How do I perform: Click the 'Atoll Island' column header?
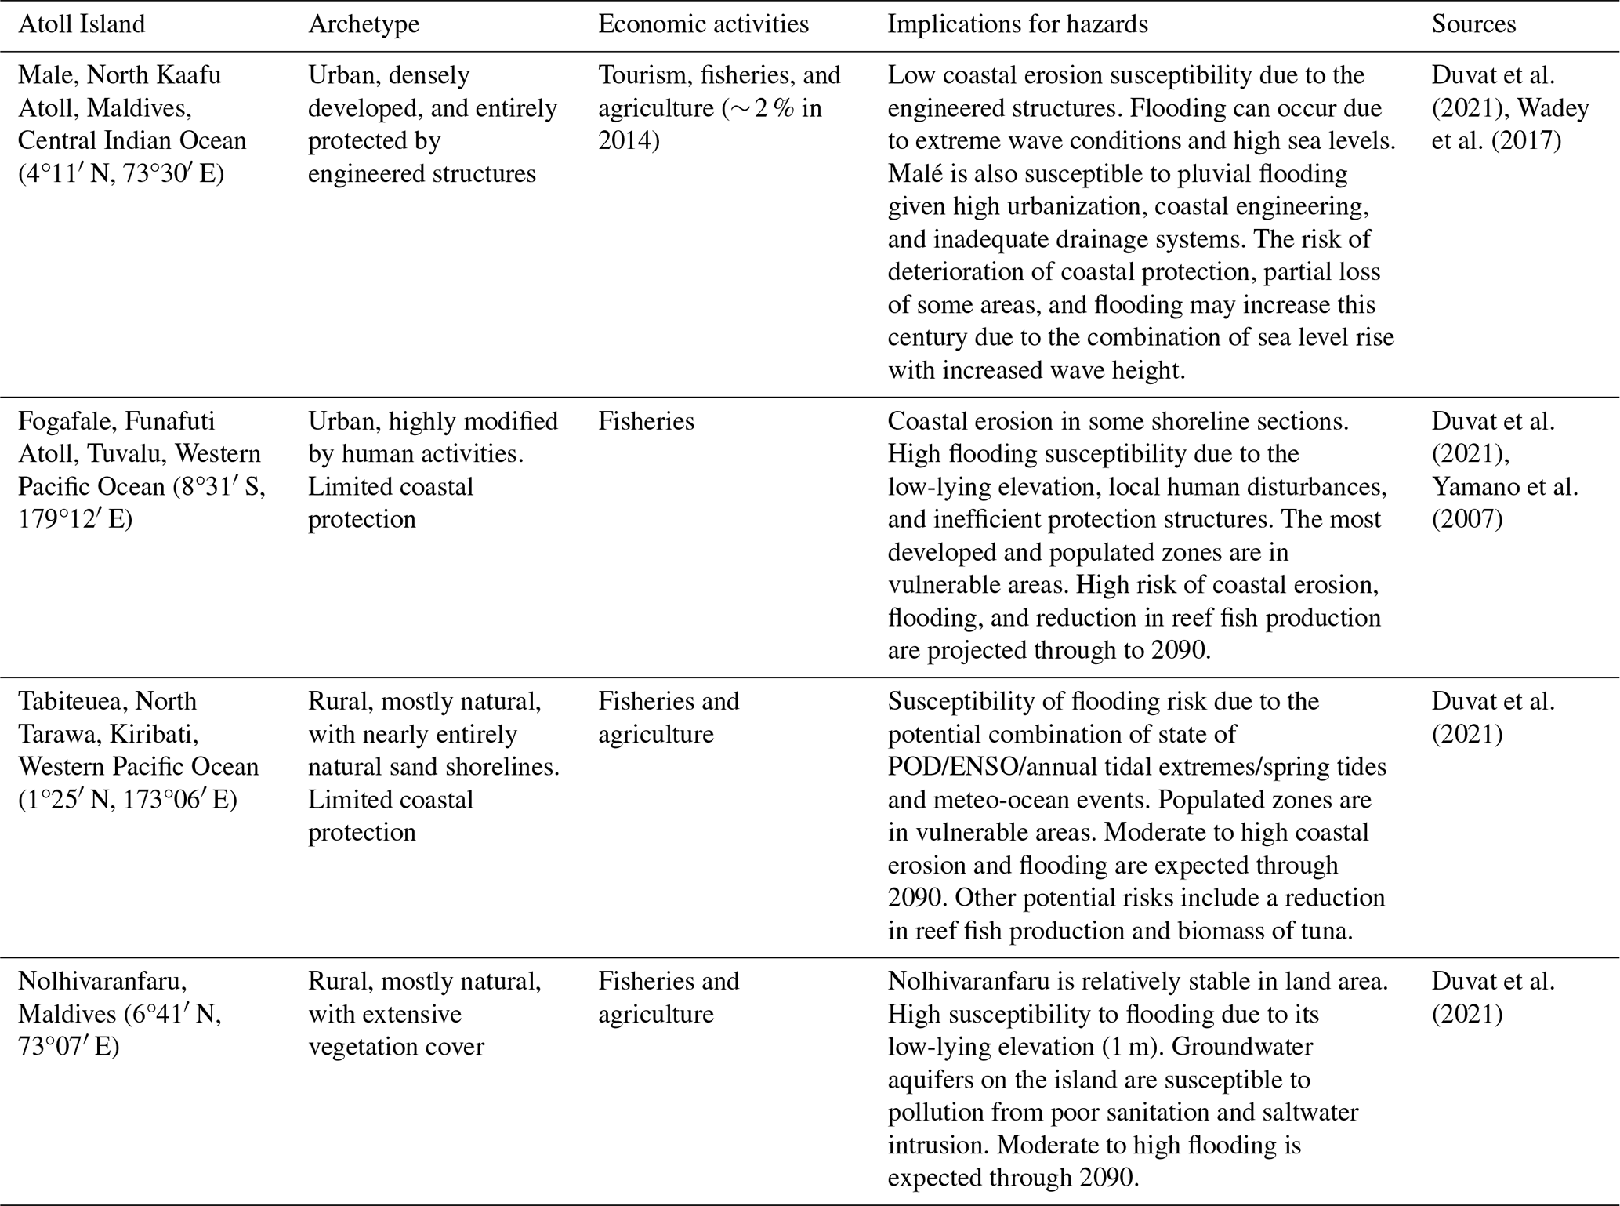coord(82,24)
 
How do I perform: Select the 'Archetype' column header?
coord(364,24)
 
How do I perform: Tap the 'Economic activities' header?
coord(703,24)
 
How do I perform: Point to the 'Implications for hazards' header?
coord(1017,24)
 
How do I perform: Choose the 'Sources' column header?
coord(1473,24)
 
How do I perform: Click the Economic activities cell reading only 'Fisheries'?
coord(646,421)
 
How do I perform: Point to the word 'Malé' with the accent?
coord(911,173)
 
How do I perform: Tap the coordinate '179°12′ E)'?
coord(75,520)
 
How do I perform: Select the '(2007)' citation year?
coord(1467,520)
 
